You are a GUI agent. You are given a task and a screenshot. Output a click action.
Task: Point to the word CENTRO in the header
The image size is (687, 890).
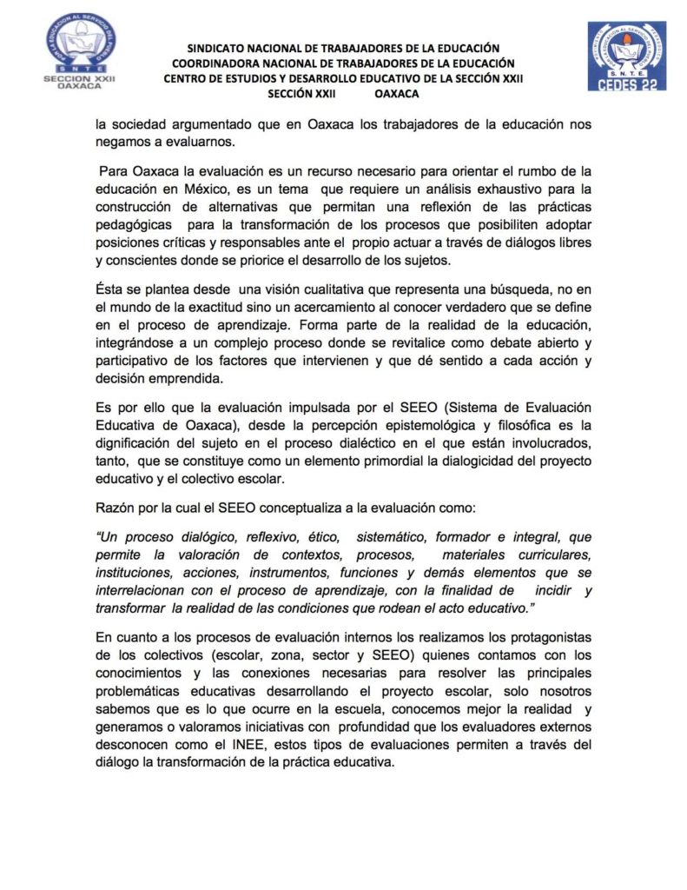pyautogui.click(x=185, y=78)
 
